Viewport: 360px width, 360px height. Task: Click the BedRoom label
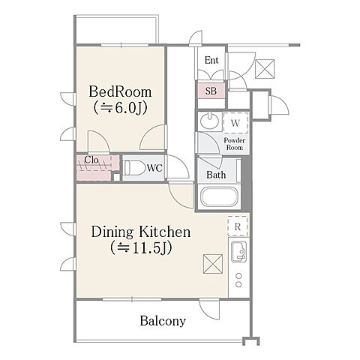click(x=120, y=91)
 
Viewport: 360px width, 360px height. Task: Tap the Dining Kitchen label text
click(x=141, y=232)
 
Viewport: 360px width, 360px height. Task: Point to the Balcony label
click(x=163, y=321)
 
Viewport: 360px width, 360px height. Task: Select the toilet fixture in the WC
click(x=134, y=168)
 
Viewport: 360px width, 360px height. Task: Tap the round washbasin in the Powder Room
click(x=210, y=121)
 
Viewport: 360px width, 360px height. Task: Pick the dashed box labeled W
click(x=235, y=123)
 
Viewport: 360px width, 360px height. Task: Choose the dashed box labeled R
click(x=238, y=226)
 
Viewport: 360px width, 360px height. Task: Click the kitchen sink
click(x=238, y=251)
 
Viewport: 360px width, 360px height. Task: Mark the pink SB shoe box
click(x=211, y=91)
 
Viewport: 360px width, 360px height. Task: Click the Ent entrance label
click(x=211, y=60)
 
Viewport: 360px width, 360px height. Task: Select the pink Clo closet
click(x=97, y=167)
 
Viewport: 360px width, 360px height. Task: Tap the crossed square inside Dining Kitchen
click(x=213, y=264)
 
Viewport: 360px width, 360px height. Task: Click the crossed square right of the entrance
click(x=265, y=69)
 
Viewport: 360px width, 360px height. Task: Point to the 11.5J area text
click(x=141, y=247)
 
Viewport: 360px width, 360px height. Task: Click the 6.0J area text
click(x=120, y=108)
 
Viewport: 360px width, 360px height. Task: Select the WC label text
click(x=154, y=168)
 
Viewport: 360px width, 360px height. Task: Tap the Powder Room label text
click(x=235, y=144)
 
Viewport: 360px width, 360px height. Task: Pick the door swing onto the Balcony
click(x=209, y=310)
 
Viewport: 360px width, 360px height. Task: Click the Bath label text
click(x=216, y=175)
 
